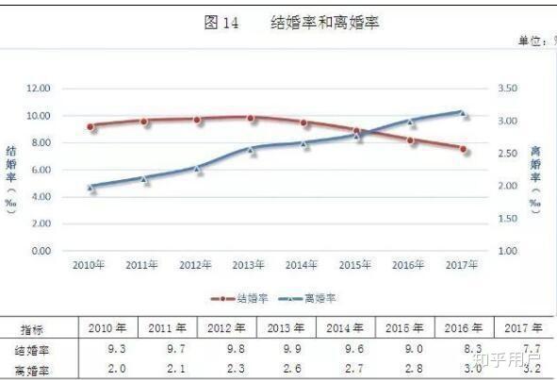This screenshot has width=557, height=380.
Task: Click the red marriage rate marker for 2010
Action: (x=90, y=126)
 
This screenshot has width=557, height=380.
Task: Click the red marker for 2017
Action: (x=463, y=148)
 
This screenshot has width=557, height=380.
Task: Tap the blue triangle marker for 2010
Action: (x=90, y=187)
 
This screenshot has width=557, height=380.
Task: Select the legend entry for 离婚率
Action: (x=309, y=298)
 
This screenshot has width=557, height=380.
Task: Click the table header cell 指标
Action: (x=34, y=329)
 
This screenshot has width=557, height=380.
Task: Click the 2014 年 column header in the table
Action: (x=345, y=329)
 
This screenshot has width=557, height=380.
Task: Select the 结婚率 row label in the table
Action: (x=34, y=350)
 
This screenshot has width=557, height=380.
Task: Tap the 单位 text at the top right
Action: (x=533, y=42)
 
